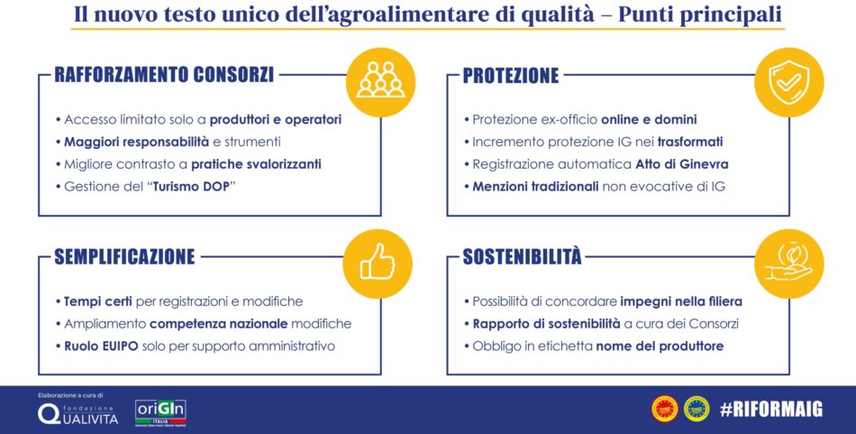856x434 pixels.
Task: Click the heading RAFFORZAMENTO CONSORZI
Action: tap(164, 75)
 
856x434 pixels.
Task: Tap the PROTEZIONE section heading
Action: tap(511, 76)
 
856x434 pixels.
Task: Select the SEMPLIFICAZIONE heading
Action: tap(124, 256)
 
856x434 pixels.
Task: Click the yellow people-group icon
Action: tap(380, 81)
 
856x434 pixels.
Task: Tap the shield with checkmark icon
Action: tap(788, 81)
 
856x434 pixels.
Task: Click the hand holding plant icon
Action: tap(788, 263)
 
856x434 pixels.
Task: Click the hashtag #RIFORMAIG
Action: tap(770, 409)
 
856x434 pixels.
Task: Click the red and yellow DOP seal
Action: tap(664, 409)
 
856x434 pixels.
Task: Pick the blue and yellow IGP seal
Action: tap(697, 409)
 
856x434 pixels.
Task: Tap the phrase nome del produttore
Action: tap(660, 346)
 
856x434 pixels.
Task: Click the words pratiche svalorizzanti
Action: tap(256, 164)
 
